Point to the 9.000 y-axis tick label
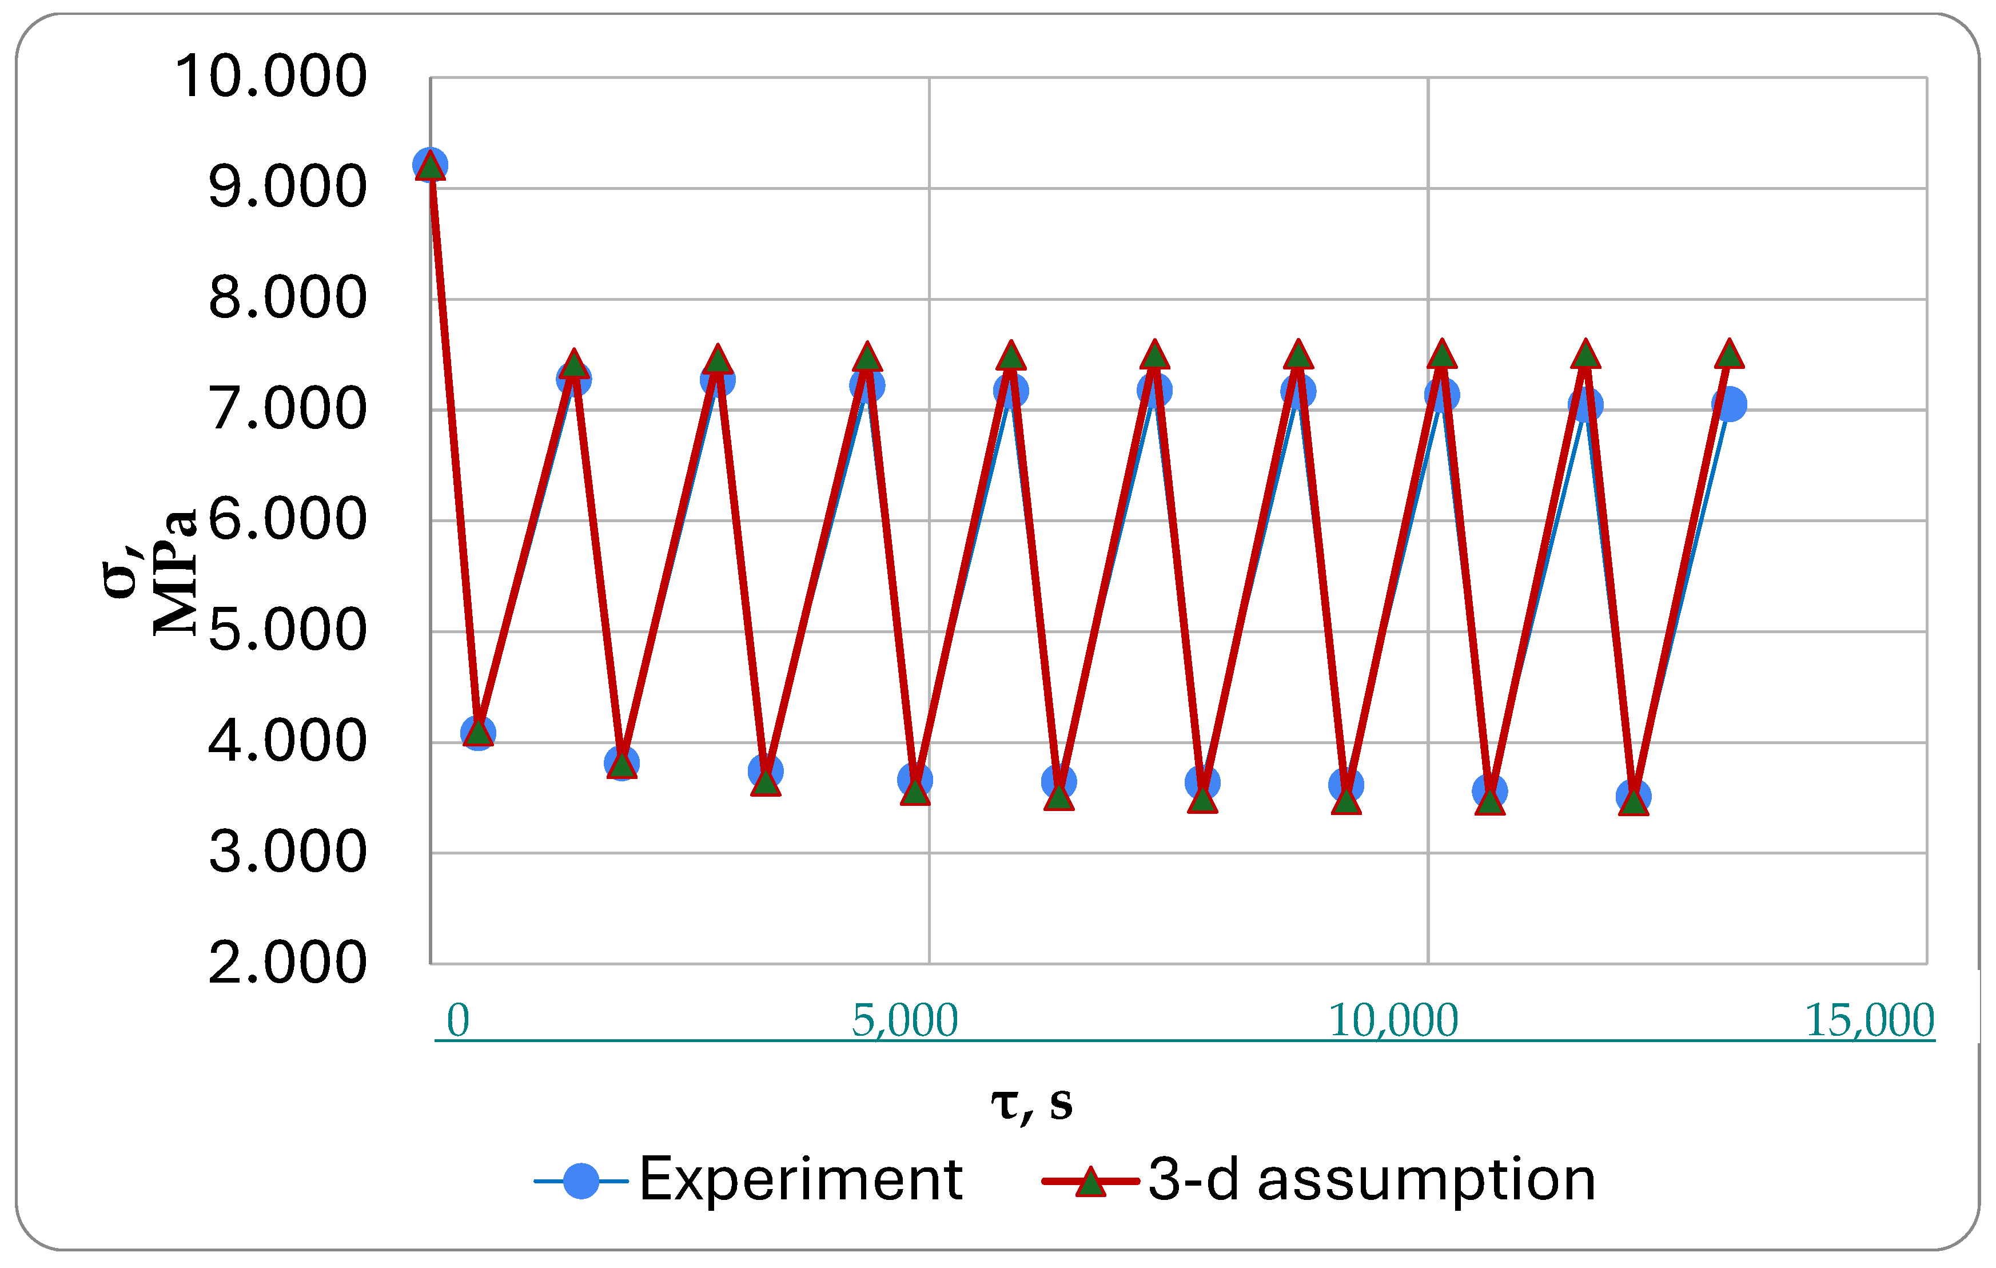pyautogui.click(x=287, y=188)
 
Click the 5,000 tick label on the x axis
pyautogui.click(x=905, y=1020)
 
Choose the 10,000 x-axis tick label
pyautogui.click(x=1393, y=1020)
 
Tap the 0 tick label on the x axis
pyautogui.click(x=457, y=1020)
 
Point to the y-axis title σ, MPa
pyautogui.click(x=149, y=572)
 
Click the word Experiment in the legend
pyautogui.click(x=800, y=1179)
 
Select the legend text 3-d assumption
pyautogui.click(x=1372, y=1179)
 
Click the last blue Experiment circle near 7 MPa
pyautogui.click(x=1729, y=405)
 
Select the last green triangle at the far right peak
pyautogui.click(x=1729, y=355)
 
